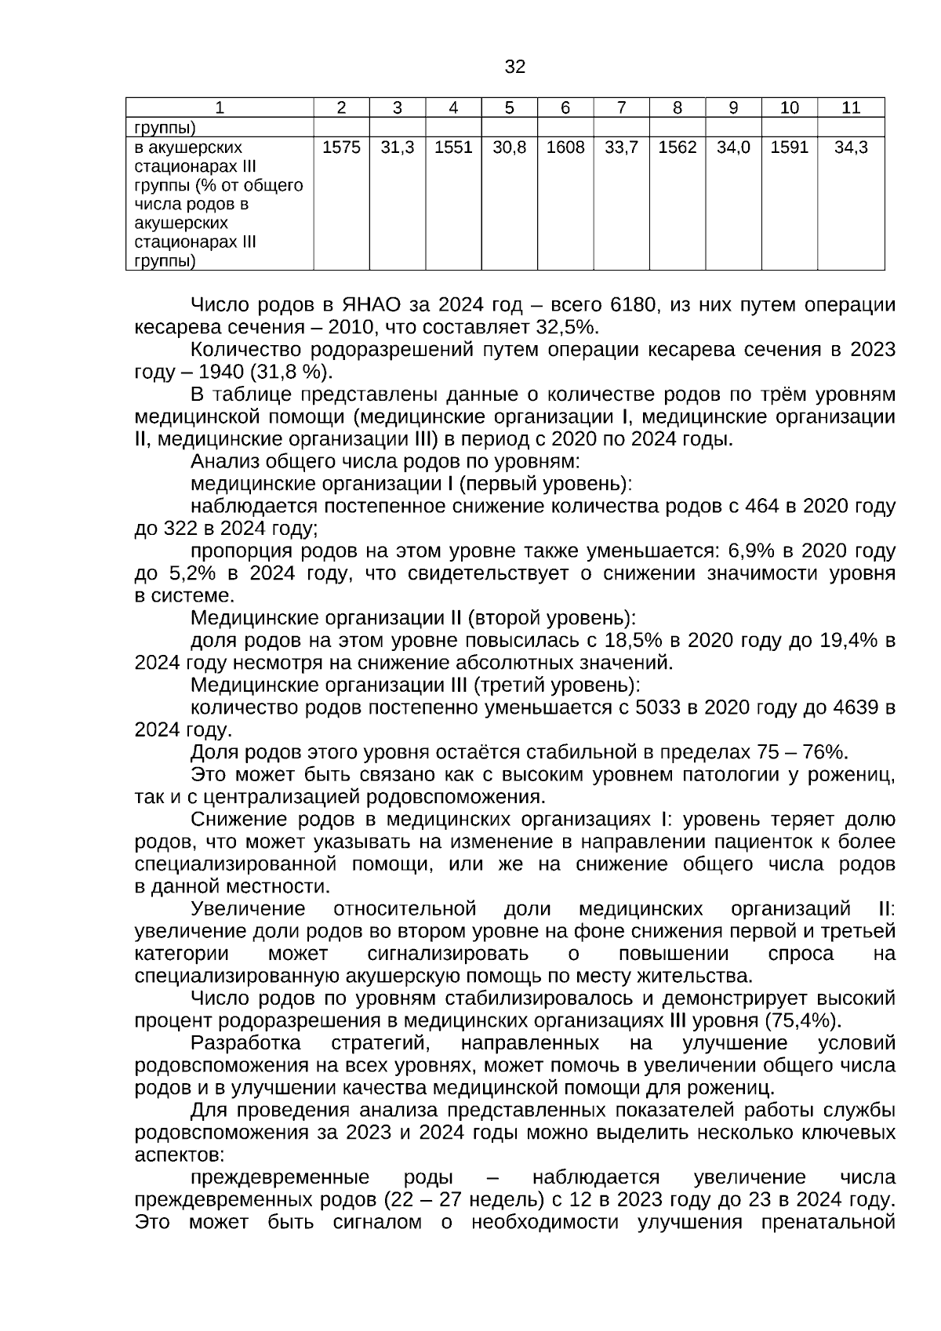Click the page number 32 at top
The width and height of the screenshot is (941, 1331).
(514, 67)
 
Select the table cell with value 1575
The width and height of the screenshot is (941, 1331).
(341, 147)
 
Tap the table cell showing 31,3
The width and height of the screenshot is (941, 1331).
(397, 147)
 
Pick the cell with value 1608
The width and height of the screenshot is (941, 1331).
(565, 147)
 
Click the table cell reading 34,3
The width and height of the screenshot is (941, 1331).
(850, 147)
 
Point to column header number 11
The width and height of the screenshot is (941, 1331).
(850, 108)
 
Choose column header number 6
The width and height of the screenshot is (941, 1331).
(565, 108)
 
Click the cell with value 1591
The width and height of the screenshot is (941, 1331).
(789, 147)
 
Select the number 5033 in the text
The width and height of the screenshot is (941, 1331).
(659, 708)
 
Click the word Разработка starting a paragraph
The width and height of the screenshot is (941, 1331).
(245, 1044)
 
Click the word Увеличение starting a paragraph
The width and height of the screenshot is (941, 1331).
(248, 910)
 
